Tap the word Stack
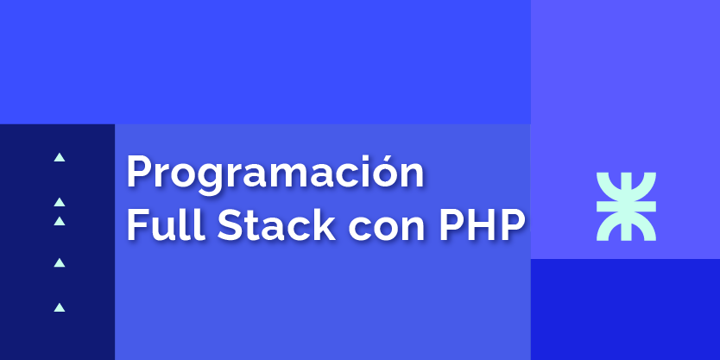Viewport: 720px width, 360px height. click(x=276, y=224)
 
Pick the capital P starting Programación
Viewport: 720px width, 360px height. click(x=139, y=171)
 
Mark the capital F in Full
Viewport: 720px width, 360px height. click(x=138, y=224)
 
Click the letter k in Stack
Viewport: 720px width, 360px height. click(x=325, y=224)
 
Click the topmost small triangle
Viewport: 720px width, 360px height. click(x=60, y=157)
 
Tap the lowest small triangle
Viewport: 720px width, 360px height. click(x=60, y=307)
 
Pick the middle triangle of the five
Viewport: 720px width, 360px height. click(x=60, y=221)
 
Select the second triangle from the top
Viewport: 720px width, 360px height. click(x=60, y=202)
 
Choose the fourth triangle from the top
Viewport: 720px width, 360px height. click(x=60, y=262)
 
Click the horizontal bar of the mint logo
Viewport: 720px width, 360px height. click(x=626, y=206)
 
